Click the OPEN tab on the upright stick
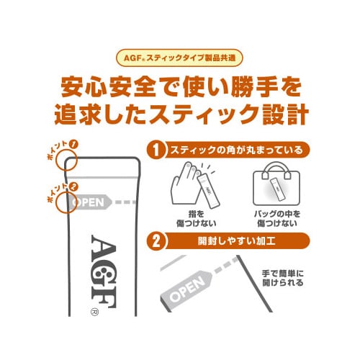click(x=90, y=202)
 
